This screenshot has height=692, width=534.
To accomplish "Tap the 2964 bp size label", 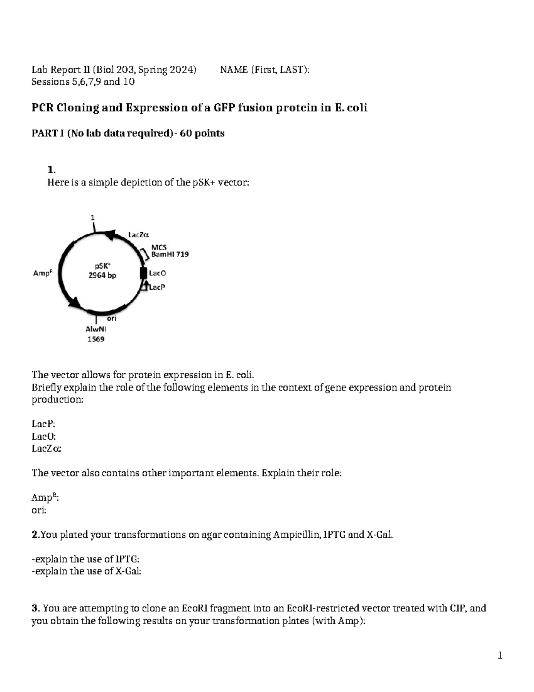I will [x=102, y=275].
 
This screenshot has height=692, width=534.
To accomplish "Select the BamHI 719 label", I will [x=170, y=254].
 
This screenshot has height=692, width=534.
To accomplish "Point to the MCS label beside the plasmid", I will [x=159, y=247].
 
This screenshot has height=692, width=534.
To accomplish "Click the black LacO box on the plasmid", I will [x=143, y=273].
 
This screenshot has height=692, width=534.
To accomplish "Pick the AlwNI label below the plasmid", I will [x=96, y=329].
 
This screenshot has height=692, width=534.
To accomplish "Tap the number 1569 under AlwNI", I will [x=96, y=339].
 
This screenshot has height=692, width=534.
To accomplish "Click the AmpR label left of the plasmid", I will [x=43, y=273].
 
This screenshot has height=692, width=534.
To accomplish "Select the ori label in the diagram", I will [x=112, y=319].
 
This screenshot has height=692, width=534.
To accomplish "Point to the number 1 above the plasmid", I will [x=93, y=218].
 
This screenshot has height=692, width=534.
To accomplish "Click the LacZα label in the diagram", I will [x=139, y=234].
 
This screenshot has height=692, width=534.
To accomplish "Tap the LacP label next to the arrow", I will [x=157, y=287].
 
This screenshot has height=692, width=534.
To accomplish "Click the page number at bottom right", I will [x=500, y=655].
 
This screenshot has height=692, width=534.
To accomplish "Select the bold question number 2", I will [x=35, y=535].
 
